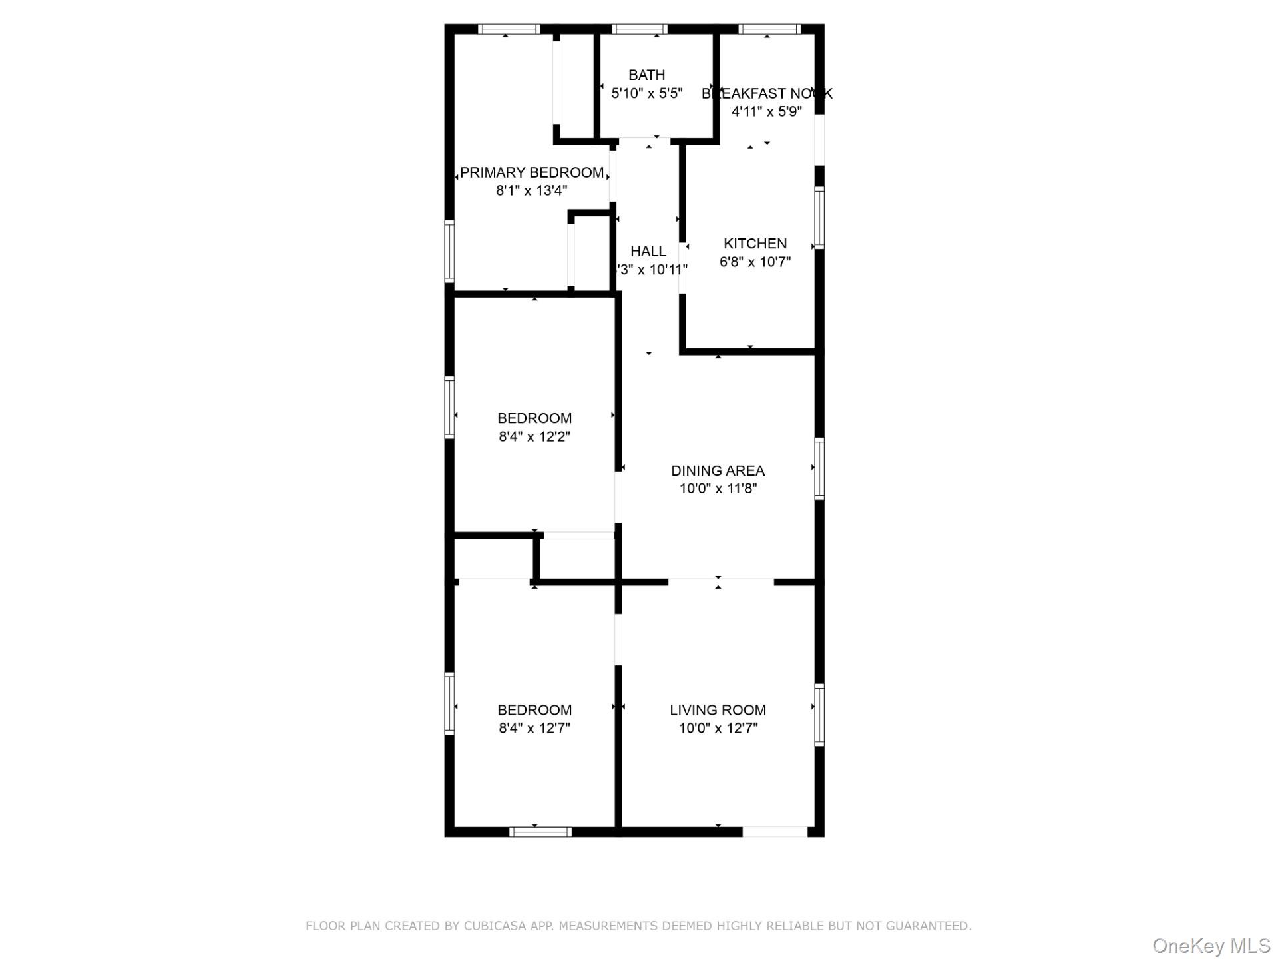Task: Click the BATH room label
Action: pos(646,75)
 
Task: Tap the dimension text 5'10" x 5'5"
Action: pos(647,93)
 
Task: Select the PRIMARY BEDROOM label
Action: pos(532,173)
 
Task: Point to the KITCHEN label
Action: pos(755,244)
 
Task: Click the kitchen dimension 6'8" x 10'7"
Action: pos(755,262)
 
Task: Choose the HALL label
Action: pos(648,252)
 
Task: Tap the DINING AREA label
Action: pos(718,471)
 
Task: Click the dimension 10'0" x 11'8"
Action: pos(718,489)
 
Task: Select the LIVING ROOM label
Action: pos(718,710)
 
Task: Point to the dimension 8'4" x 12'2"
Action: pos(534,437)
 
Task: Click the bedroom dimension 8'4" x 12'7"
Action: pos(534,728)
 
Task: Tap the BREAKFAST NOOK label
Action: pos(767,93)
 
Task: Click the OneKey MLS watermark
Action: pos(1211,946)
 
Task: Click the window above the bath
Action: pos(639,29)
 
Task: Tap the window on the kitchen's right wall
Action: pos(819,218)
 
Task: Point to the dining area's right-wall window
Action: pos(819,468)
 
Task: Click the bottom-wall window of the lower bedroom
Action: pos(540,832)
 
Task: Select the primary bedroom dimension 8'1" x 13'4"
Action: pos(531,191)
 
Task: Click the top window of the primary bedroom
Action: pos(509,29)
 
